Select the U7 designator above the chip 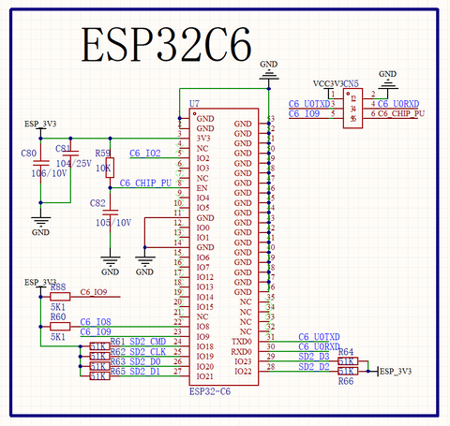194,102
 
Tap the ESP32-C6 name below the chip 210,390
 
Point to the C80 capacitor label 28,152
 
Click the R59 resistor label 103,152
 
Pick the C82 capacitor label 97,203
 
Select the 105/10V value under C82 112,222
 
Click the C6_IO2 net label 144,153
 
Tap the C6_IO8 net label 96,321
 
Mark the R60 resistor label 58,316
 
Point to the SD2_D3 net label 313,356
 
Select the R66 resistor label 346,381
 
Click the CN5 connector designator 351,83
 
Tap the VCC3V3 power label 326,83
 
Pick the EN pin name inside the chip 201,188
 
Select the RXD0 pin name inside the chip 242,351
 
